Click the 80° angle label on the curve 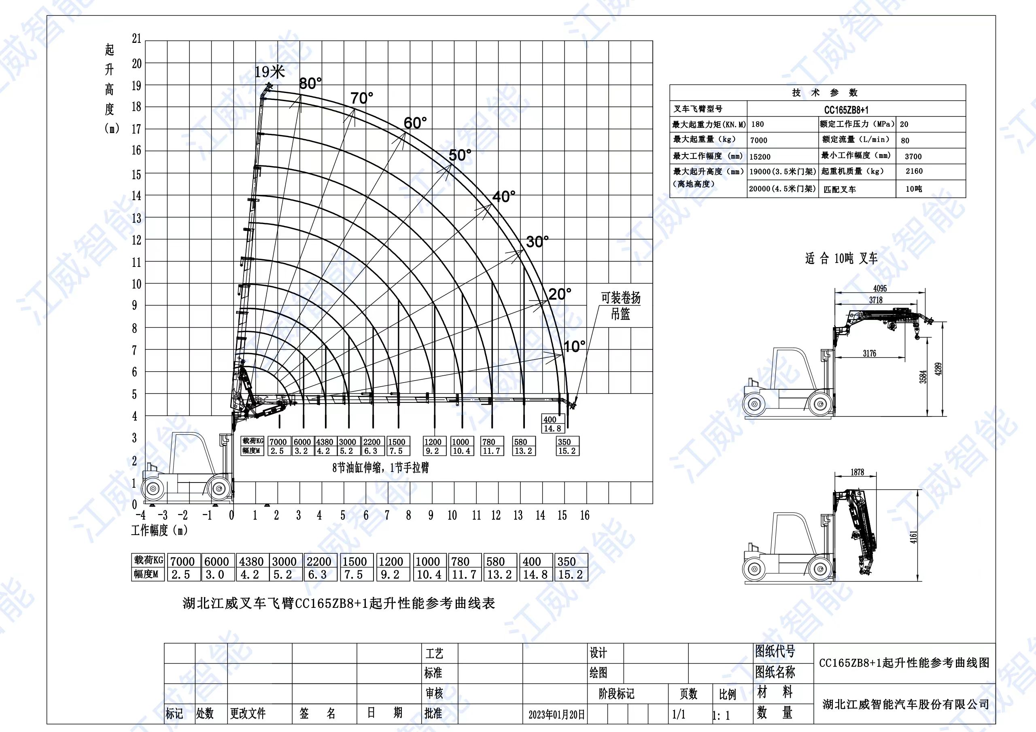click(x=310, y=83)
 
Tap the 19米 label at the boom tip click(x=270, y=72)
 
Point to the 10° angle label click(x=575, y=346)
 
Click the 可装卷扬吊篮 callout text click(x=620, y=305)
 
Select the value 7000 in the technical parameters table click(x=758, y=140)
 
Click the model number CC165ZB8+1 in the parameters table click(x=846, y=110)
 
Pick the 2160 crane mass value click(x=914, y=171)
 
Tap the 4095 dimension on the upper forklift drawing click(x=880, y=288)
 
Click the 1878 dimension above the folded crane click(x=857, y=472)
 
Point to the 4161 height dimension click(x=913, y=537)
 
